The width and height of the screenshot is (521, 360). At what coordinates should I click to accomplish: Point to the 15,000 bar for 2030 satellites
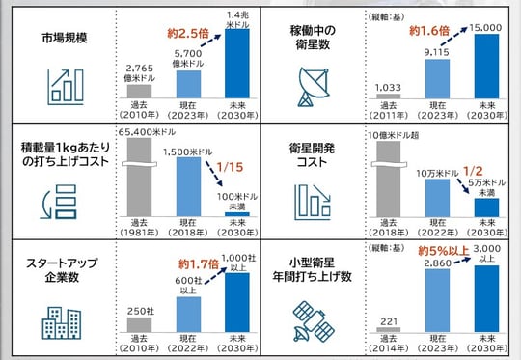click(489, 66)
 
